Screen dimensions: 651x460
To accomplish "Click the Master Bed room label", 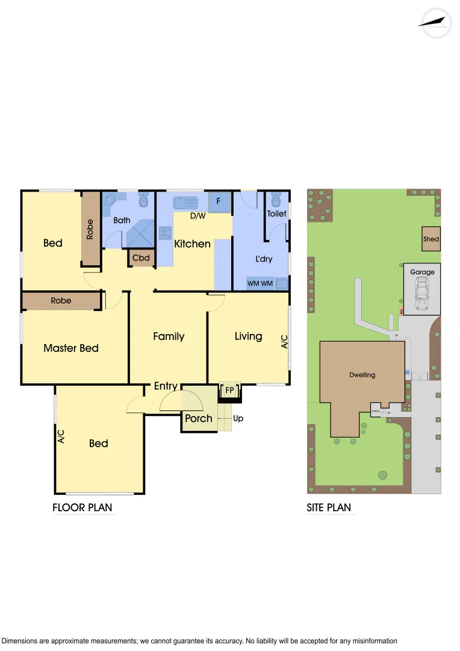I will pyautogui.click(x=71, y=348).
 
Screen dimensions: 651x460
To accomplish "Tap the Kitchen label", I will pyautogui.click(x=193, y=244).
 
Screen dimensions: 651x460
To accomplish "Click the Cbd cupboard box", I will pyautogui.click(x=141, y=258).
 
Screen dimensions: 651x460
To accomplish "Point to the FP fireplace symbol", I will pyautogui.click(x=229, y=391).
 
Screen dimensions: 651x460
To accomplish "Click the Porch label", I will pyautogui.click(x=198, y=418).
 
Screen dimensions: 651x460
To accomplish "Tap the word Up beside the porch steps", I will pyautogui.click(x=238, y=418).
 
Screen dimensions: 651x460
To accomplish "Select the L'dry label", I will pyautogui.click(x=264, y=259).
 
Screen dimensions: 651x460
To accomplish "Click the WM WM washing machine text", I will pyautogui.click(x=260, y=283).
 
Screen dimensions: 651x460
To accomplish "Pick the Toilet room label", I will pyautogui.click(x=277, y=213).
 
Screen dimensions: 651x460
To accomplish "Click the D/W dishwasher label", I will pyautogui.click(x=198, y=215).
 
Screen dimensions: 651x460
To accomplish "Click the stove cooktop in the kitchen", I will pyautogui.click(x=165, y=233).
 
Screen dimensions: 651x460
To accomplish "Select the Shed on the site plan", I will pyautogui.click(x=431, y=239).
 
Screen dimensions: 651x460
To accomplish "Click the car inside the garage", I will pyautogui.click(x=421, y=296).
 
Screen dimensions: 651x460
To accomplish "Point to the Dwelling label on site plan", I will pyautogui.click(x=362, y=375).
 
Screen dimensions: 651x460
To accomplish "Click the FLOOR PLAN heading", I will pyautogui.click(x=82, y=508).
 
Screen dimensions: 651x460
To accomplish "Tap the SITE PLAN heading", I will pyautogui.click(x=329, y=508).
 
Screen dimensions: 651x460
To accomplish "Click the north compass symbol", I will pyautogui.click(x=435, y=22).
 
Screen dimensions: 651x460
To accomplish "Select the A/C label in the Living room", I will pyautogui.click(x=285, y=342).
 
